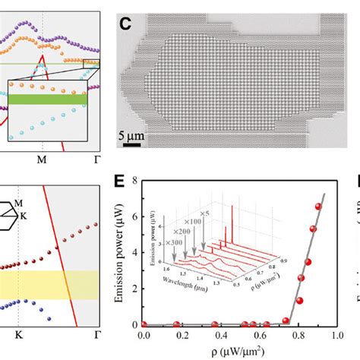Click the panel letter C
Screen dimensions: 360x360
pos(127,23)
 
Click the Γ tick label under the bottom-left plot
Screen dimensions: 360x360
pos(94,333)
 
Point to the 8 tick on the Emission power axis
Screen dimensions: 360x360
pos(135,182)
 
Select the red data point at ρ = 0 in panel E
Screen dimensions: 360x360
pos(144,324)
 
